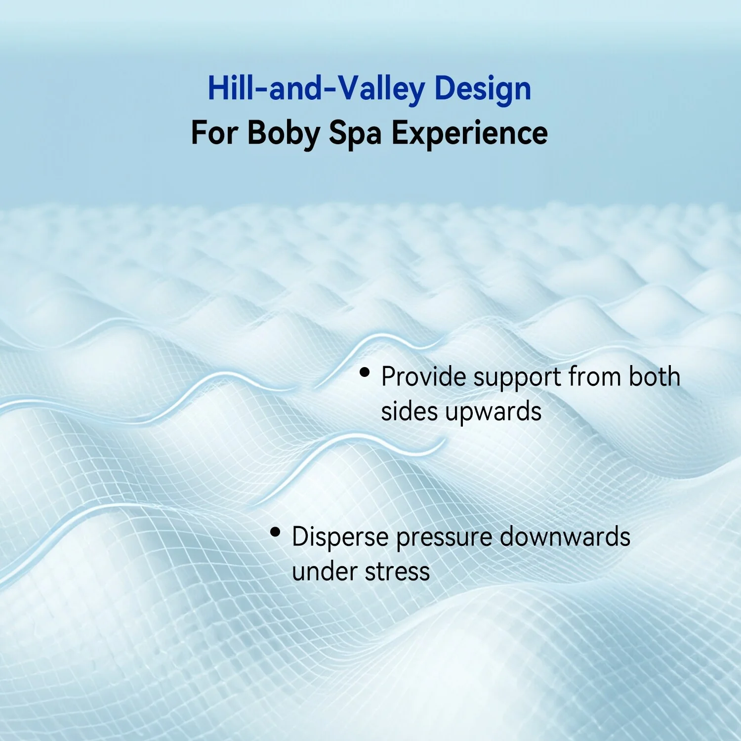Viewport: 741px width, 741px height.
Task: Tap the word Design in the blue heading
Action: (483, 89)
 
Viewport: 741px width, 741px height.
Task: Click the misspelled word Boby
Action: (284, 133)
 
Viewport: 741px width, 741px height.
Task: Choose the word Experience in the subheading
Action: (469, 133)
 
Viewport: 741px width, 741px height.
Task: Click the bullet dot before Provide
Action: (365, 372)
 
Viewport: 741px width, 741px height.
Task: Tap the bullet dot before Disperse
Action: (275, 532)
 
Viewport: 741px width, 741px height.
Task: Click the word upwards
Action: (493, 412)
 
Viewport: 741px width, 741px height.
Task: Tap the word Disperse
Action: (340, 537)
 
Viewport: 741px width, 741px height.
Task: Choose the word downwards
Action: (565, 537)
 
